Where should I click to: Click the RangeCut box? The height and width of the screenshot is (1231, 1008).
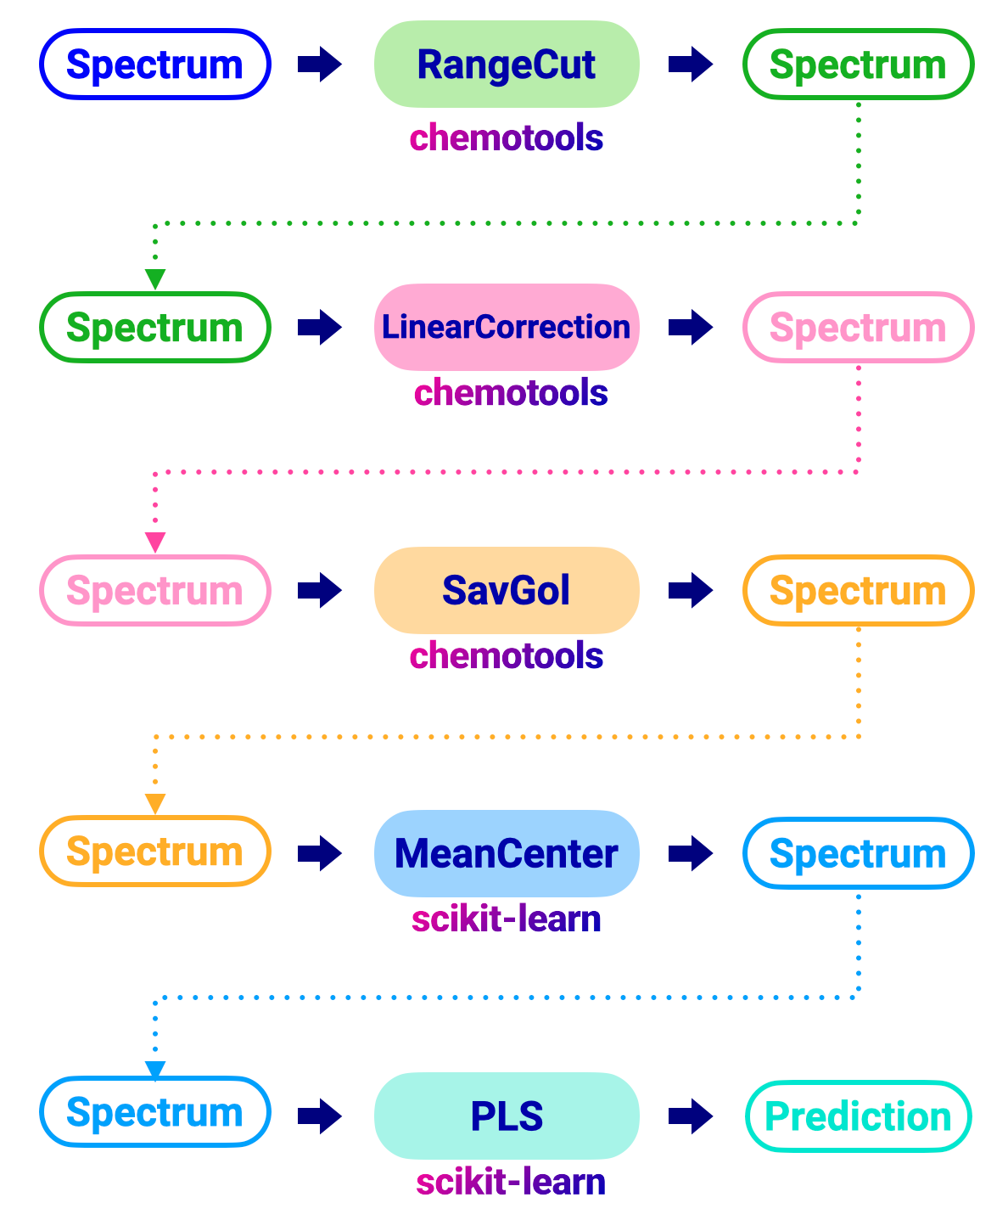[507, 65]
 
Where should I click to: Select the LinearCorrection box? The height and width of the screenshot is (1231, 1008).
[507, 327]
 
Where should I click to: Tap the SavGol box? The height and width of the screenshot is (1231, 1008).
[507, 590]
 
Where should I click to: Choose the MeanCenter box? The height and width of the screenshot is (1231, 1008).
[507, 853]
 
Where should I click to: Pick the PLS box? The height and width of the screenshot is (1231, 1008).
[507, 1116]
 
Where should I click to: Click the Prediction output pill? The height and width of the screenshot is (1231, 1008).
[858, 1116]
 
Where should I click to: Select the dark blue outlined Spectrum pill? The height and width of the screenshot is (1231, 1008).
[155, 65]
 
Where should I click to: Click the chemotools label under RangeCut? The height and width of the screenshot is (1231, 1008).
[507, 138]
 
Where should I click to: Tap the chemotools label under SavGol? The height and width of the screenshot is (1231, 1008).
[507, 655]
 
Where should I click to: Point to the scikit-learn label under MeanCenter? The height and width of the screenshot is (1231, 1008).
[507, 919]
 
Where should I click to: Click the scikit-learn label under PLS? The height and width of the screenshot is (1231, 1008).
[511, 1182]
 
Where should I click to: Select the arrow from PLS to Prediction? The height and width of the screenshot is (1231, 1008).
[691, 1116]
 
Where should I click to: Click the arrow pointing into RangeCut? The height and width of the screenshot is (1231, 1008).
[320, 65]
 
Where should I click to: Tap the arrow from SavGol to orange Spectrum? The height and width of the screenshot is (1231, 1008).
[691, 590]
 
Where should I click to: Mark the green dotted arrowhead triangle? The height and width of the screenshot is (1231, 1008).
[155, 279]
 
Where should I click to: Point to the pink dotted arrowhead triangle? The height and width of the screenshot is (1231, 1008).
[155, 542]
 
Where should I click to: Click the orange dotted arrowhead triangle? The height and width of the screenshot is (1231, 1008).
[155, 803]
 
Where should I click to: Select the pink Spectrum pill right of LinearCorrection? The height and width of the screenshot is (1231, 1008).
[858, 328]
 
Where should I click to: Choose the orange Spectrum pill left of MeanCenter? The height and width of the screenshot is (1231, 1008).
[155, 852]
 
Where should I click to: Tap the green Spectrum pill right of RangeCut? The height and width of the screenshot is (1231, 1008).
[858, 65]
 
